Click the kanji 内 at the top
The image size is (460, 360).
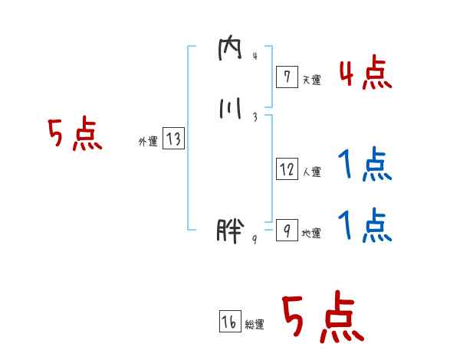tap(230, 53)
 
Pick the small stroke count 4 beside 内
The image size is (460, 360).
tap(254, 57)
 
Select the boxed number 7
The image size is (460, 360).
tap(286, 76)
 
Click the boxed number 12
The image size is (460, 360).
tap(286, 169)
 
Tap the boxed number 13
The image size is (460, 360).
tap(173, 139)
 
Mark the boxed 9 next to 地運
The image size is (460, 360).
tap(286, 231)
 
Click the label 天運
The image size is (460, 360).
tap(311, 79)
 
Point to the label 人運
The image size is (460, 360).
tap(311, 172)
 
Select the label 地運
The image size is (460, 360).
tap(311, 234)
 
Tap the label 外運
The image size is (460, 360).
tap(148, 142)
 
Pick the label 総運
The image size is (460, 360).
tap(255, 325)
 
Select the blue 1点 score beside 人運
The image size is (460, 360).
tap(364, 164)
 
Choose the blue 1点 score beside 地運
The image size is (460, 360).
tap(364, 225)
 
